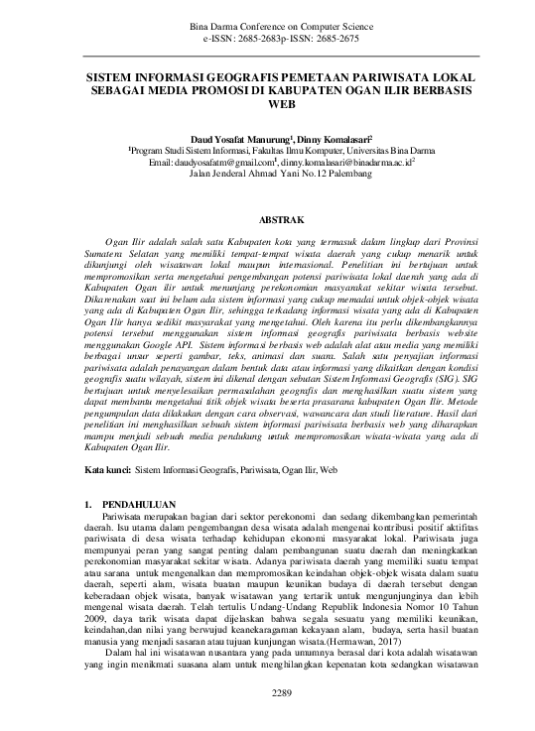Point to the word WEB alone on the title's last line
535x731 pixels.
(268, 102)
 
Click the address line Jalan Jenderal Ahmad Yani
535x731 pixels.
(267, 171)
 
